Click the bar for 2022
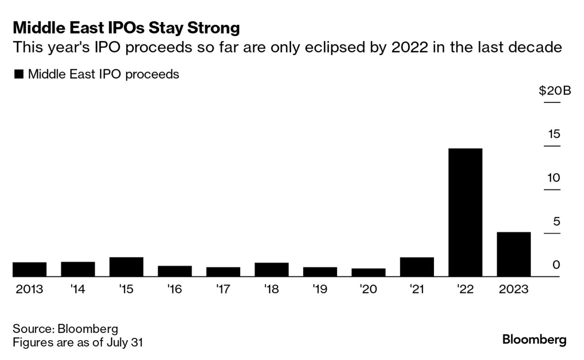[465, 212]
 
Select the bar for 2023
[513, 254]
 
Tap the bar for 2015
[126, 267]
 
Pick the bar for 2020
[368, 272]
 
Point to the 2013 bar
[29, 269]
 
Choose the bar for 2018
[271, 270]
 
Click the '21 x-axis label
[417, 289]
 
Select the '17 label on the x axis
[223, 289]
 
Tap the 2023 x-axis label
[513, 289]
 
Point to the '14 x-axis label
[78, 289]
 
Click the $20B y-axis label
[555, 91]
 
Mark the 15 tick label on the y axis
[554, 134]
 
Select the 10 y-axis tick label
[554, 178]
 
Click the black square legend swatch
[19, 75]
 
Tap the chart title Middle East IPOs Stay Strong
[126, 28]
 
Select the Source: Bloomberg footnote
[65, 328]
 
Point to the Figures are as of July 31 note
[77, 342]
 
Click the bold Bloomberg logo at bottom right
[534, 340]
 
